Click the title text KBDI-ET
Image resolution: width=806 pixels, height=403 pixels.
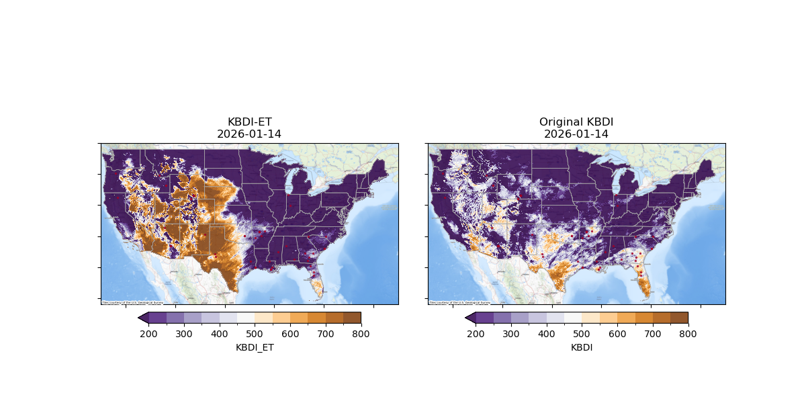(x=249, y=122)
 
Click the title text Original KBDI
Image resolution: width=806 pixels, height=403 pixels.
(x=576, y=122)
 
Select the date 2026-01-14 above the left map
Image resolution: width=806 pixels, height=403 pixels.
(x=249, y=134)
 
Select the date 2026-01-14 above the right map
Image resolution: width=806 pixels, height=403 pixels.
(x=576, y=134)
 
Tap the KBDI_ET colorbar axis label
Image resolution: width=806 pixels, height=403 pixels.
(x=255, y=347)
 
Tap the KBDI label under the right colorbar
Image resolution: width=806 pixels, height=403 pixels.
(x=582, y=347)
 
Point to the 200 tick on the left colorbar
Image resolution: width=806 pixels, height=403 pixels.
(x=148, y=333)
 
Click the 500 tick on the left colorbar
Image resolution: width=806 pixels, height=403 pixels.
(x=255, y=333)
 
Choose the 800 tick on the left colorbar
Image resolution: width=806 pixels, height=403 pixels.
(x=361, y=333)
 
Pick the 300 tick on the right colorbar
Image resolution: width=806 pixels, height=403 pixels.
(x=511, y=333)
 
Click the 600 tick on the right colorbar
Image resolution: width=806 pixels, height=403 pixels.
(x=617, y=333)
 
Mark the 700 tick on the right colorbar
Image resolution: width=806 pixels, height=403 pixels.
(x=652, y=333)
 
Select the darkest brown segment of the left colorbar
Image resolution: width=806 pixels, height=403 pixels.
(x=352, y=318)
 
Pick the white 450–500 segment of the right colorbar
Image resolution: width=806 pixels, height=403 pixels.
(x=573, y=318)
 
